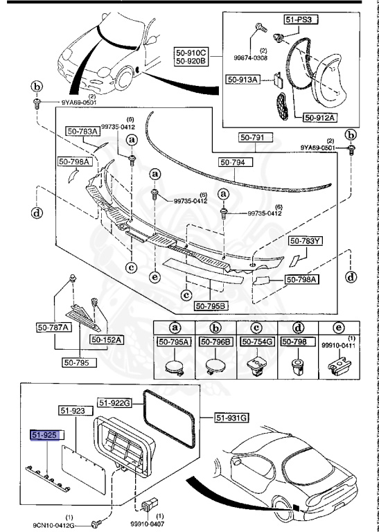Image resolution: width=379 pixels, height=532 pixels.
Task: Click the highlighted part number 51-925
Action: (45, 435)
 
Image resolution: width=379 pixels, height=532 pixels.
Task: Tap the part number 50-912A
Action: (319, 117)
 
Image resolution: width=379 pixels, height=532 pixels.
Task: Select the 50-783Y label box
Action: (306, 241)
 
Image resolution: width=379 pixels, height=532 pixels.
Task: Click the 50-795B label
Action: (211, 305)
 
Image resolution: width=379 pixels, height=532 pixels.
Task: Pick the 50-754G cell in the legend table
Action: (257, 341)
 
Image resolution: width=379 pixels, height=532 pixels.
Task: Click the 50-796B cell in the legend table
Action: (215, 341)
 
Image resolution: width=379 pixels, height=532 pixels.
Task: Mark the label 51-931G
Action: (231, 417)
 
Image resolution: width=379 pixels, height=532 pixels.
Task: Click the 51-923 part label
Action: (73, 411)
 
